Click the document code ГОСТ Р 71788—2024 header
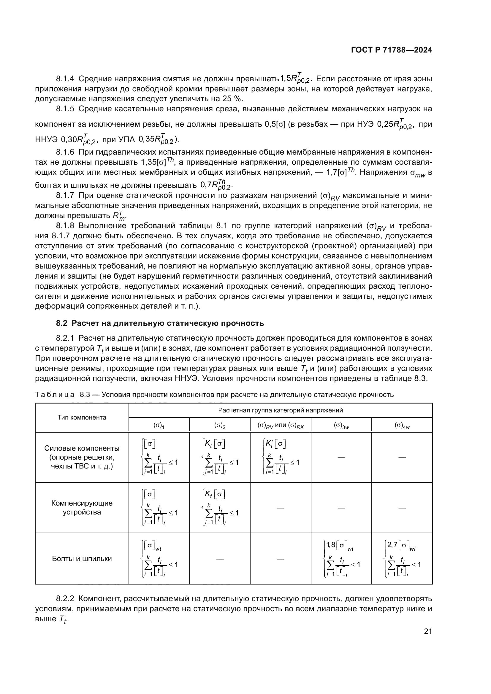coord(391,50)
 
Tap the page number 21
coord(428,631)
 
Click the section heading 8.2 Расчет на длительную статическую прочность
coord(160,323)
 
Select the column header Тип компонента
coord(82,417)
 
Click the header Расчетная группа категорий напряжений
coord(280,410)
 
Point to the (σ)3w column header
coord(341,425)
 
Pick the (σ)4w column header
coord(402,425)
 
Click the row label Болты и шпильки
coord(82,559)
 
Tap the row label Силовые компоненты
coord(82,448)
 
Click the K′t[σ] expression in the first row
coord(275,444)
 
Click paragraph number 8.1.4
coord(65,79)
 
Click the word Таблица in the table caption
coord(54,395)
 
